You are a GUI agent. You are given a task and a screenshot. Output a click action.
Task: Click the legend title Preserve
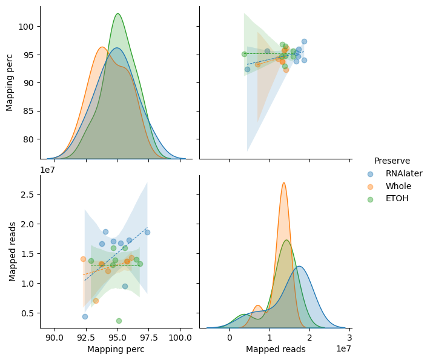click(x=392, y=161)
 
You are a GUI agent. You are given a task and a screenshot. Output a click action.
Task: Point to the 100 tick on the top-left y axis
click(x=26, y=27)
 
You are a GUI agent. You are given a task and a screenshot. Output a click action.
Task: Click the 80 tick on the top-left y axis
click(x=28, y=139)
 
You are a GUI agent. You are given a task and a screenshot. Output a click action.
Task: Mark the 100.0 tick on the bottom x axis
click(x=180, y=337)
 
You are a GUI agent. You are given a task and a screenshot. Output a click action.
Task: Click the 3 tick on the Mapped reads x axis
click(x=349, y=337)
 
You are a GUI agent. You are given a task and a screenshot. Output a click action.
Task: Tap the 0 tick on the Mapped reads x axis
click(x=230, y=337)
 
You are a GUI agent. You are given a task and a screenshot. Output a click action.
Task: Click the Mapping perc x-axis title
click(x=116, y=349)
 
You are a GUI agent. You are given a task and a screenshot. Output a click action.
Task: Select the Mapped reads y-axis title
click(x=12, y=252)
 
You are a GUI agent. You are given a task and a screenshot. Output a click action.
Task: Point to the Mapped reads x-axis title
click(x=276, y=349)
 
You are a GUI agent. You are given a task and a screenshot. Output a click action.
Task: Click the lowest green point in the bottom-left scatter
click(x=119, y=321)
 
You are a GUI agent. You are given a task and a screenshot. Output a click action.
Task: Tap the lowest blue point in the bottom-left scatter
click(x=85, y=316)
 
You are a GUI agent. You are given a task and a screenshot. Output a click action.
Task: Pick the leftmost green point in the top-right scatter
click(x=244, y=54)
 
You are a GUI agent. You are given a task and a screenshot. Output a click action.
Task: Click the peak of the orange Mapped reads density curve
click(x=284, y=183)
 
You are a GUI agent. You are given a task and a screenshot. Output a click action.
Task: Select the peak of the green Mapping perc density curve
click(x=118, y=13)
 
